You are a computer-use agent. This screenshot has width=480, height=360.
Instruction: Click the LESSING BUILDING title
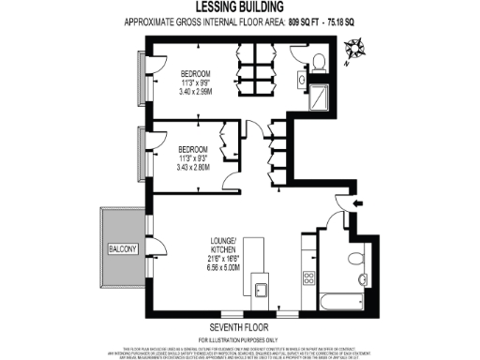pos(240,7)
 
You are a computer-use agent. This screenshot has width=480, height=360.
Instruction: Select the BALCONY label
pos(121,248)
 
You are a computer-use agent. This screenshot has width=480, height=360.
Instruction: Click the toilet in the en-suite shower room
pos(319,62)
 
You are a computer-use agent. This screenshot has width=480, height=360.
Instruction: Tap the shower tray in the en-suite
pos(320,97)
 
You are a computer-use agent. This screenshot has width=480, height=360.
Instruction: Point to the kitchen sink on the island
pos(262,288)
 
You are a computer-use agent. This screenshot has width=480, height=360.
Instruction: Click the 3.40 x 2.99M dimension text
pos(196,93)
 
